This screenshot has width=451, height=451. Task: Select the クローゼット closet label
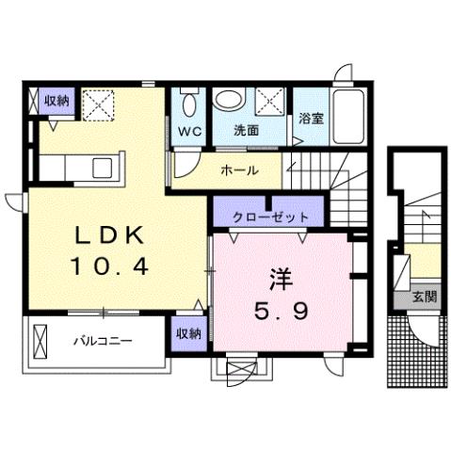[x=270, y=217]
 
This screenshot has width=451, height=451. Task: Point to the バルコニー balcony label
[x=104, y=339]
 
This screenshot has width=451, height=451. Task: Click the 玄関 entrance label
[x=424, y=298]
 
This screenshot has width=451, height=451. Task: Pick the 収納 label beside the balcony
[x=187, y=334]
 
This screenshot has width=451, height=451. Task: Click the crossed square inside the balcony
[x=40, y=339]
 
